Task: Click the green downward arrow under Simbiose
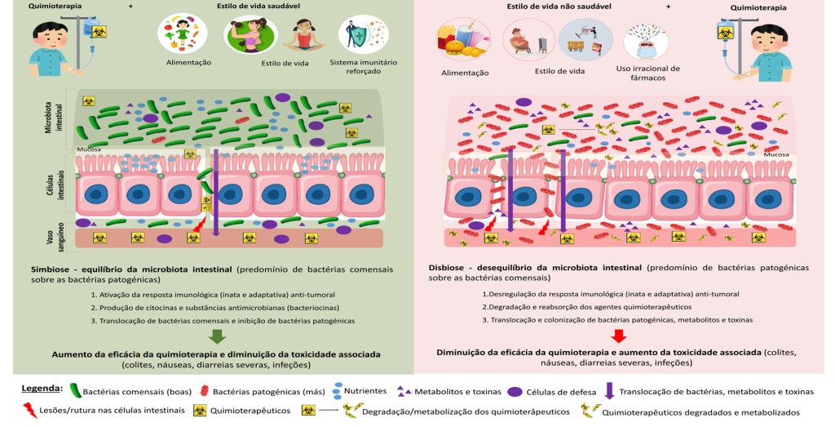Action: pos(216,337)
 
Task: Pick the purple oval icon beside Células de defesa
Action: pos(515,391)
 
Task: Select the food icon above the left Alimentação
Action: pos(183,33)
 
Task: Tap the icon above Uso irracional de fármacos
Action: pos(644,41)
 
